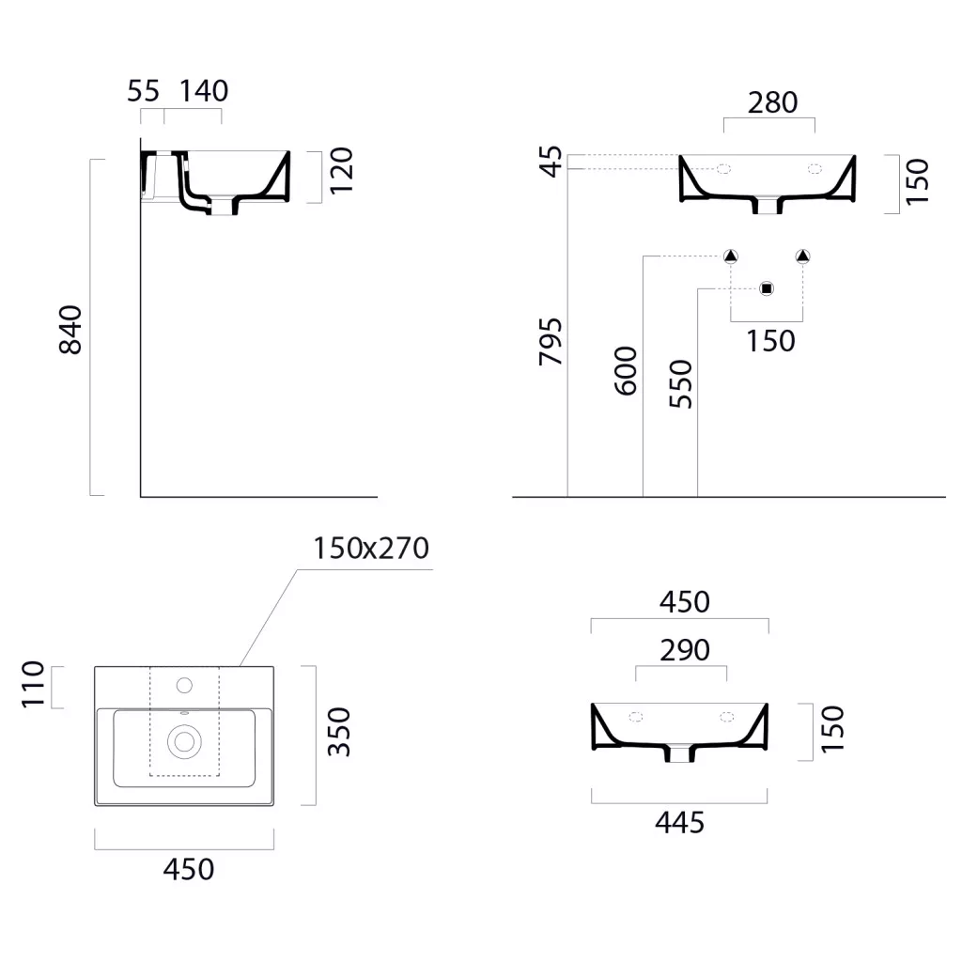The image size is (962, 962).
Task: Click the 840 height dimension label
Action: coord(70,330)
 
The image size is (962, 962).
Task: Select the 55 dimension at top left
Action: coord(143,91)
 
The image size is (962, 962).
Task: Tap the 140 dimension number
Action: coord(204,91)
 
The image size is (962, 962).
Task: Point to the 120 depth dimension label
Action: coord(342,171)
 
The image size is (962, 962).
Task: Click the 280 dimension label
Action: coord(772,102)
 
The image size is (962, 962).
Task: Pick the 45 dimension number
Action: coord(551,161)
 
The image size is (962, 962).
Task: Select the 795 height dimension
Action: coord(551,342)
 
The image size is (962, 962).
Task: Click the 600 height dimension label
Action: coord(626,370)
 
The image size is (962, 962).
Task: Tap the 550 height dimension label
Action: coord(680,384)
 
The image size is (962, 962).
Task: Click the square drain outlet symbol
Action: coord(767,288)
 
